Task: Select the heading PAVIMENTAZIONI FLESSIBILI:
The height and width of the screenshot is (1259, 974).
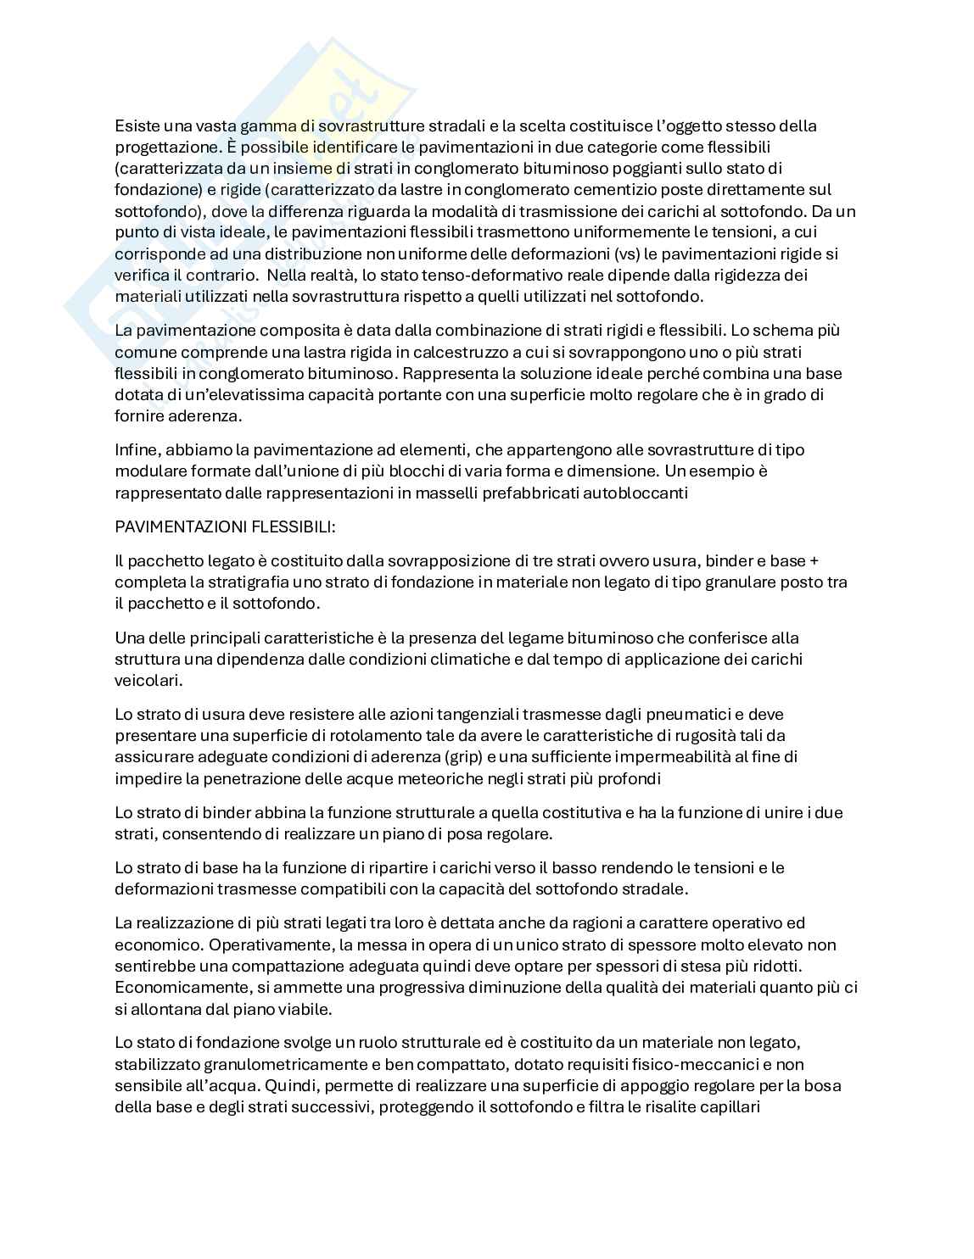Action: tap(226, 526)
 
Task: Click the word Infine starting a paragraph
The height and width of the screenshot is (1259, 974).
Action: tap(136, 449)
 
